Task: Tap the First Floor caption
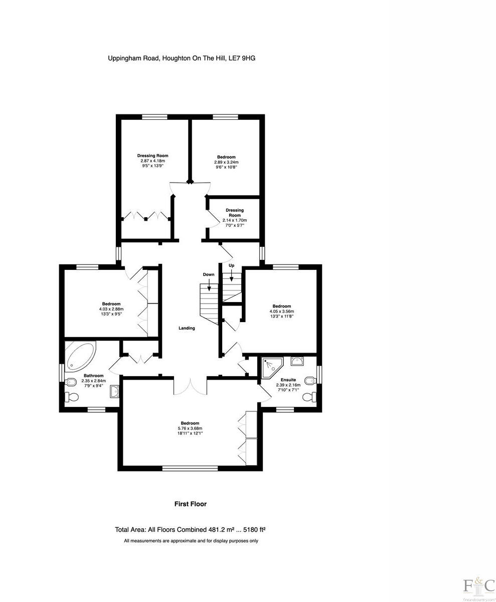(190, 504)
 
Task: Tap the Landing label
(187, 328)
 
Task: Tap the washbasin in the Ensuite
(298, 361)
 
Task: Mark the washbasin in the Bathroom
(114, 391)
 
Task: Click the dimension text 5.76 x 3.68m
(190, 428)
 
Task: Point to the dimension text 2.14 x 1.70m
(235, 220)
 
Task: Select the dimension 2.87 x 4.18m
(153, 161)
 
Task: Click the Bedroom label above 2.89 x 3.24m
(226, 157)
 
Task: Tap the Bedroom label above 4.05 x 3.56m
(281, 306)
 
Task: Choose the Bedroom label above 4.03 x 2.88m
(111, 304)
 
